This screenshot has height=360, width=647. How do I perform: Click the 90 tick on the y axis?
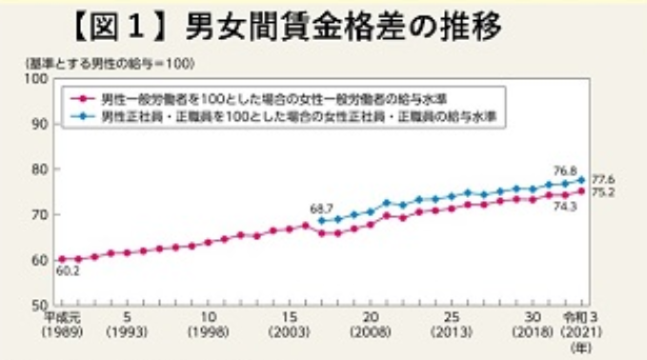click(41, 124)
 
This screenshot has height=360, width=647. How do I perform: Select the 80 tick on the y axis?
click(41, 170)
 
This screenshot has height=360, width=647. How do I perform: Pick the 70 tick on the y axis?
click(41, 214)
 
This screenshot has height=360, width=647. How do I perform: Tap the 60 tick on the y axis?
click(41, 259)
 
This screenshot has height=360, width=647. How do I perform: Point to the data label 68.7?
click(323, 208)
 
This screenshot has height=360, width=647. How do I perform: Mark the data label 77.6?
click(604, 178)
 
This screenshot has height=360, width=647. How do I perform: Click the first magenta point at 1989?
click(62, 259)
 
